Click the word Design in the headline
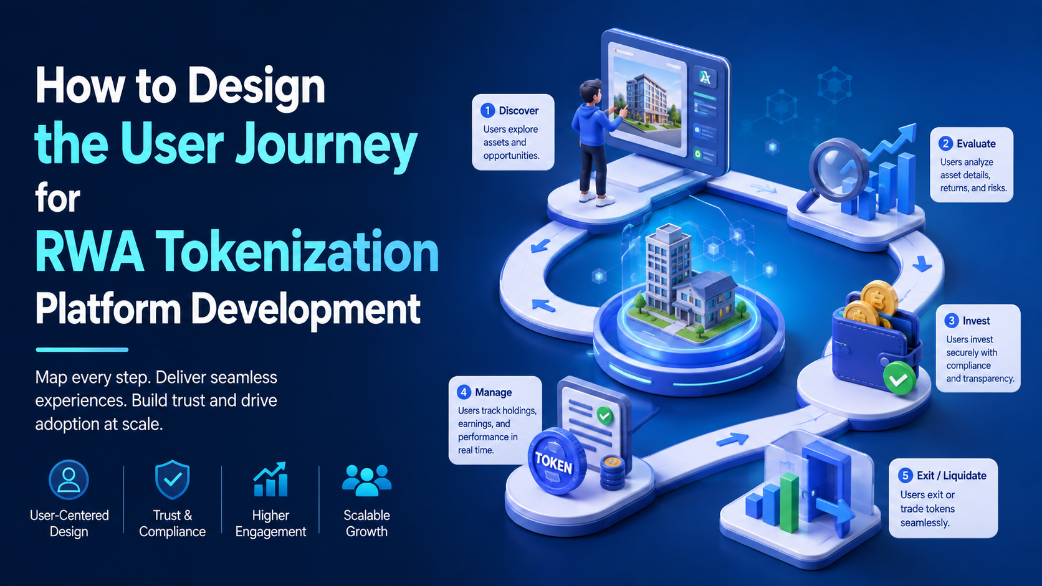[256, 87]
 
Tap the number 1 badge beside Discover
[487, 111]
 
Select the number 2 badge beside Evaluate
[945, 144]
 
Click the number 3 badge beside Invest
[951, 321]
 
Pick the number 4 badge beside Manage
[463, 392]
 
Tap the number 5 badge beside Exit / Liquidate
[906, 475]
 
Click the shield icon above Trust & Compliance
[172, 480]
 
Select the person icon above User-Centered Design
[69, 480]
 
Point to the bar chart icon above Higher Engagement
[270, 479]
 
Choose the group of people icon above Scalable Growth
[366, 480]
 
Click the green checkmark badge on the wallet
[899, 379]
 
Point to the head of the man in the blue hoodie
[591, 92]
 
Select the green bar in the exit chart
[789, 503]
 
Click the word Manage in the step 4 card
[493, 393]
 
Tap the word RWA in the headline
[89, 252]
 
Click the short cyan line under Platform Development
[82, 349]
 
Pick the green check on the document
[605, 415]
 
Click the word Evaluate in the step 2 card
[976, 144]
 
